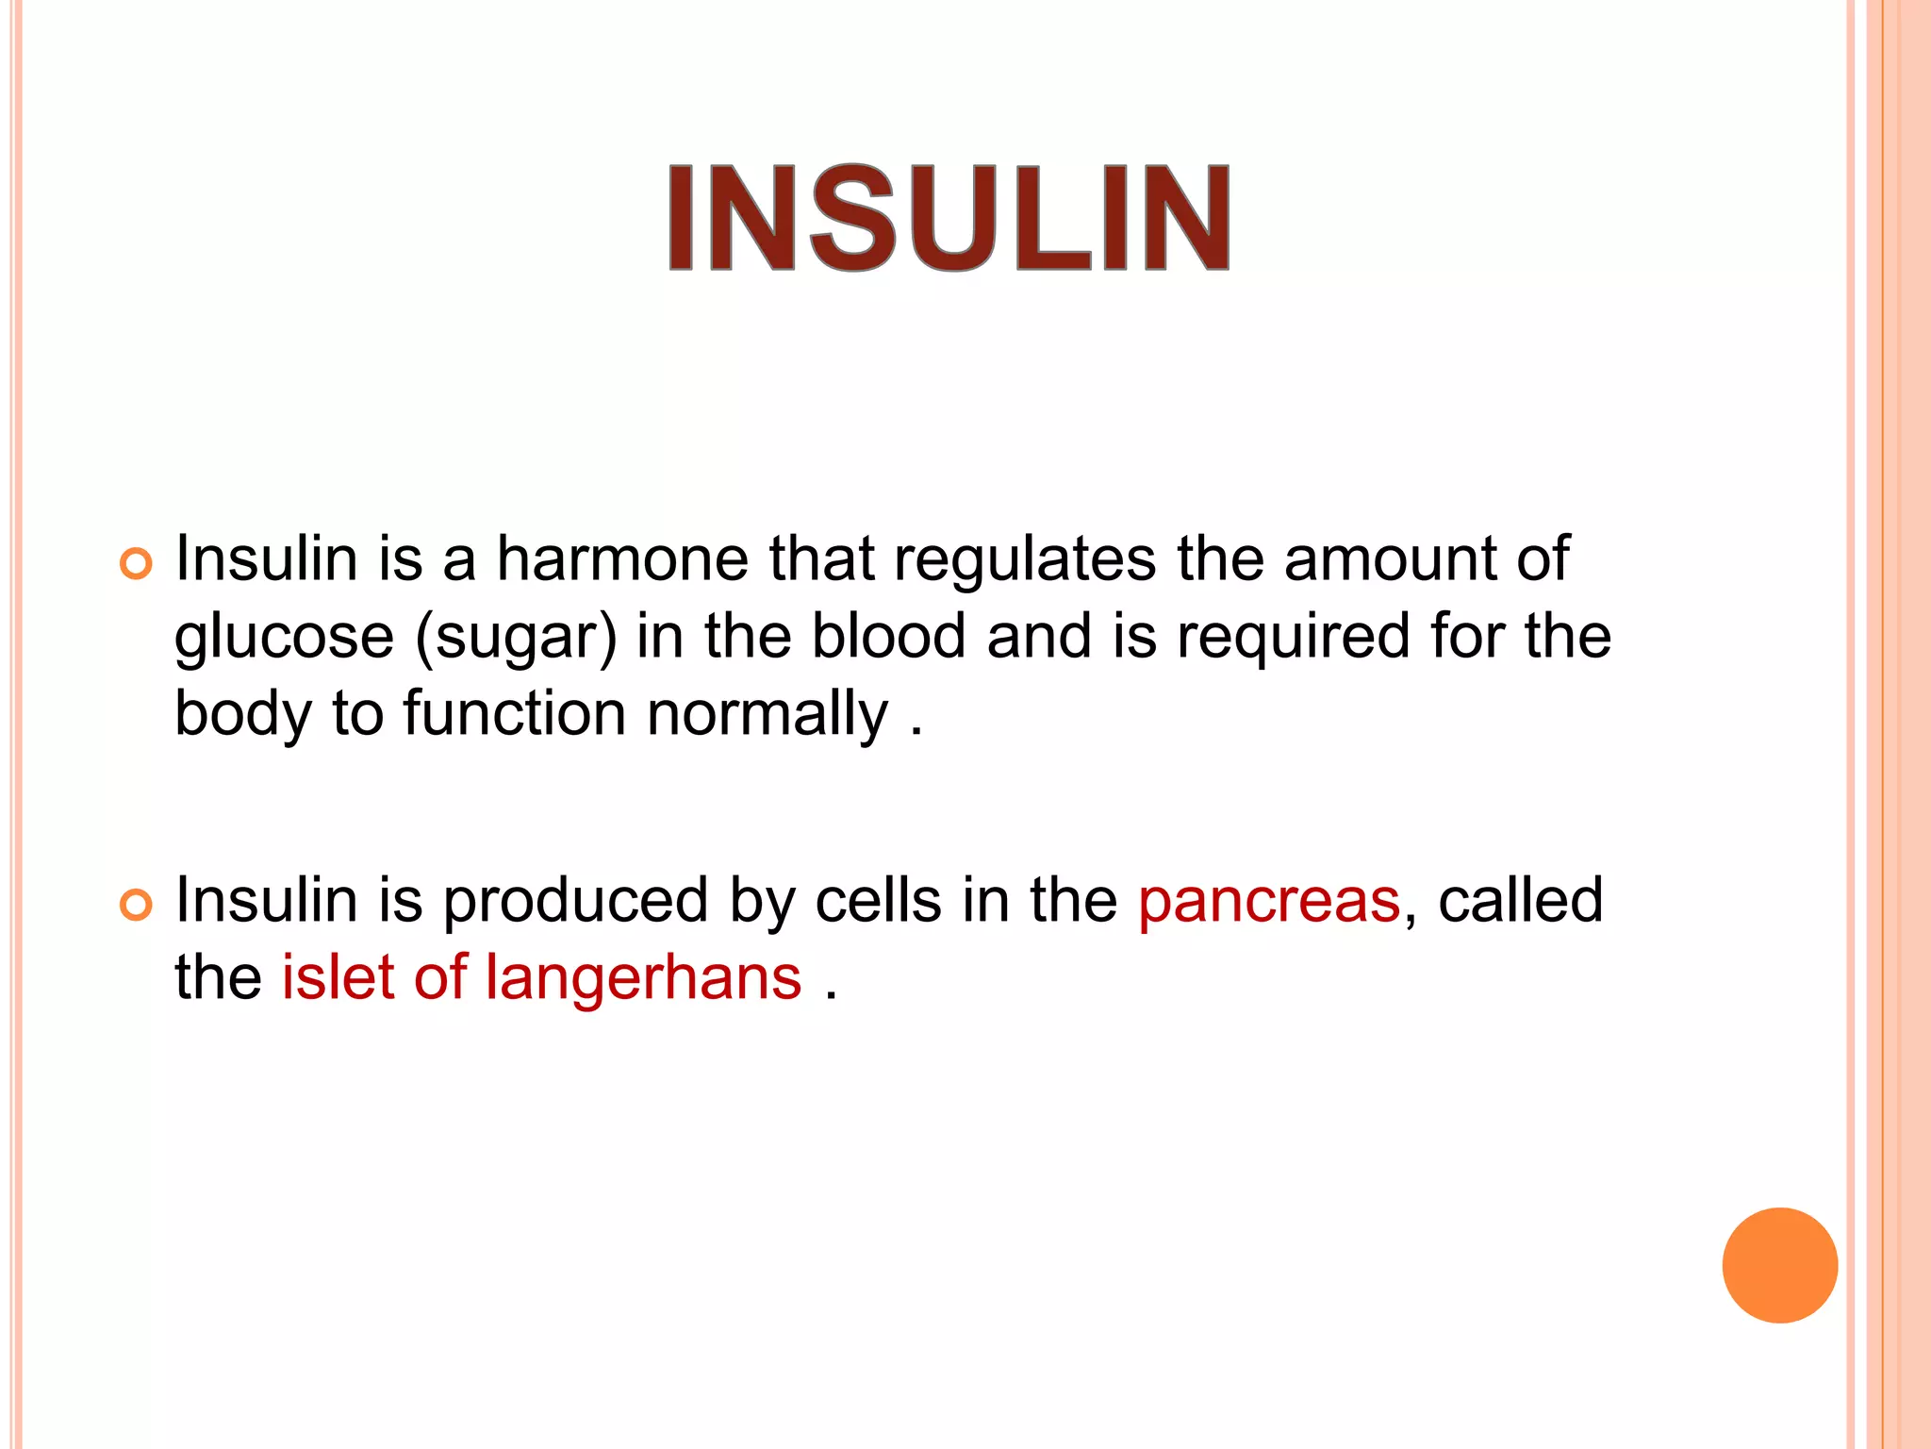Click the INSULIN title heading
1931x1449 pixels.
click(x=949, y=218)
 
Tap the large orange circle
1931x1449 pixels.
click(x=1779, y=1265)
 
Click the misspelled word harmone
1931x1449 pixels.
click(x=622, y=558)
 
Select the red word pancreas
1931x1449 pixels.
click(x=1269, y=901)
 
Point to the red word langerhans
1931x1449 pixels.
click(x=643, y=977)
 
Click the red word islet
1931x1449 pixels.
click(x=338, y=977)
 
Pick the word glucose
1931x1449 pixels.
click(x=284, y=638)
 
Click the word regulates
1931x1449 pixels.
click(x=1024, y=560)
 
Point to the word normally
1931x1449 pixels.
click(x=767, y=714)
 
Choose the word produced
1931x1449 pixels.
click(x=575, y=901)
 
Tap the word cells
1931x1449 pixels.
click(x=878, y=901)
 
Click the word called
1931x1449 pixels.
click(x=1520, y=901)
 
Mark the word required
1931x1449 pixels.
click(x=1293, y=638)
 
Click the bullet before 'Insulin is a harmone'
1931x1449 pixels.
click(x=136, y=564)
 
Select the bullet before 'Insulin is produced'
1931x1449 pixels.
click(x=136, y=906)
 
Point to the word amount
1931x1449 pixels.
click(x=1390, y=560)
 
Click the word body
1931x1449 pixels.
click(x=242, y=714)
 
